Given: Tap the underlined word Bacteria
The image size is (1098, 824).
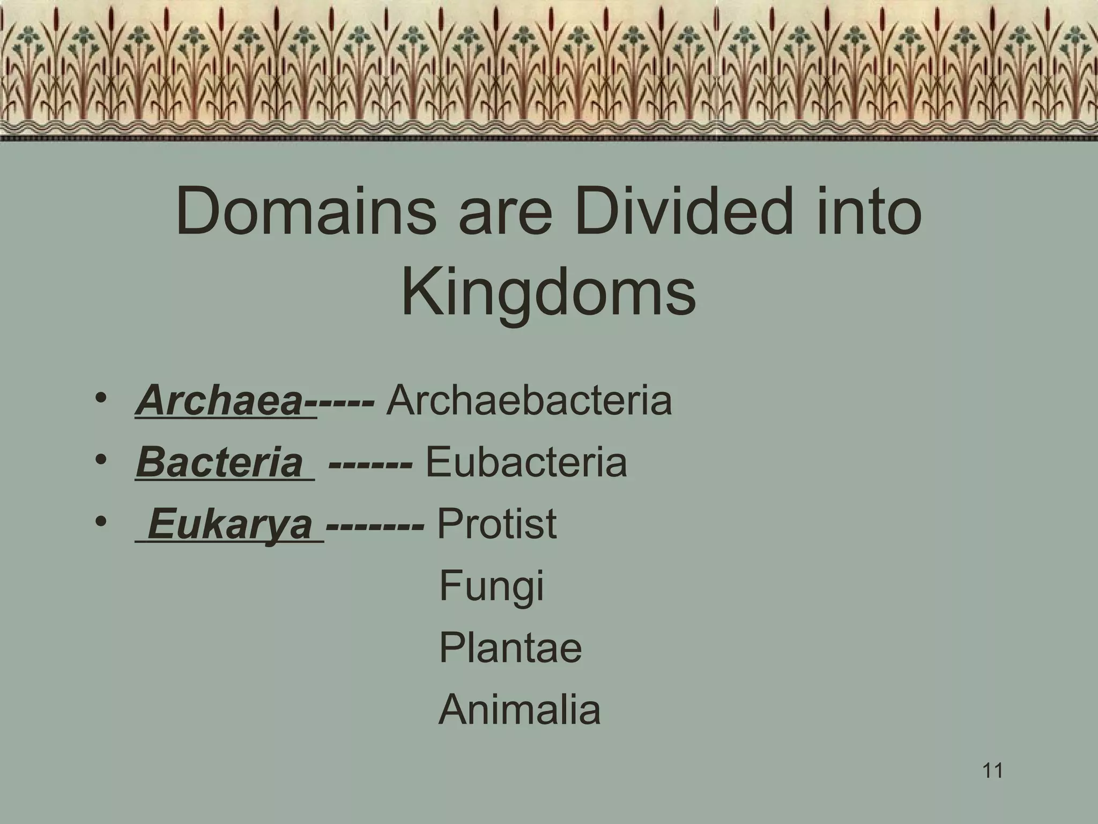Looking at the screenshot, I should click(219, 462).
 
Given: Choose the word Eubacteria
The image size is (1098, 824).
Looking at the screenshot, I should click(526, 462).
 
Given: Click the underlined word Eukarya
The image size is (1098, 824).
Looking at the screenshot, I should click(230, 524).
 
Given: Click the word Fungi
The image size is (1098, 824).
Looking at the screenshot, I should click(491, 586).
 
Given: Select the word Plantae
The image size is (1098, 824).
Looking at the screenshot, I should click(510, 648).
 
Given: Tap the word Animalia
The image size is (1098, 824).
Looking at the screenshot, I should click(520, 709).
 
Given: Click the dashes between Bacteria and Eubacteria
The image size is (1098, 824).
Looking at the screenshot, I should click(370, 463).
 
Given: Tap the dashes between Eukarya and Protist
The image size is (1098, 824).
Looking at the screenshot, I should click(375, 525).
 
